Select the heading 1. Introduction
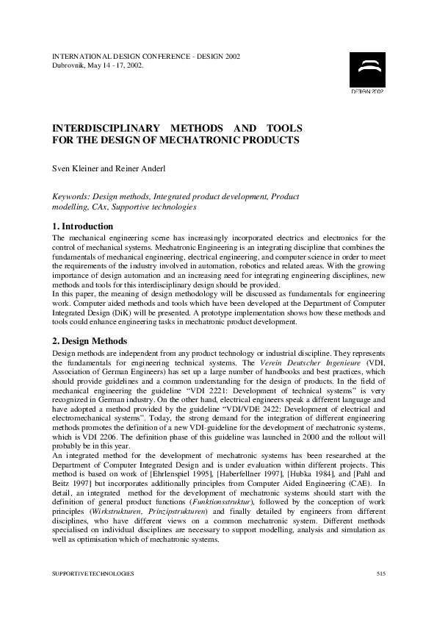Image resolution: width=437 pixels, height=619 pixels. click(x=82, y=226)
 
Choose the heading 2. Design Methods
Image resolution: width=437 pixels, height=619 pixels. click(x=90, y=341)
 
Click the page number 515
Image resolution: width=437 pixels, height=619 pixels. click(x=380, y=573)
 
